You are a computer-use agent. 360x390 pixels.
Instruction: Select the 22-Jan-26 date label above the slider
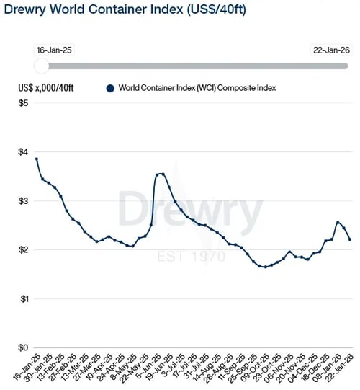[330, 50]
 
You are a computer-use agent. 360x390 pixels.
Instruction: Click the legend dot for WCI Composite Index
[110, 88]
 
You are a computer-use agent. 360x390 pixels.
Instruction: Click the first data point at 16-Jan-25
[36, 159]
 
